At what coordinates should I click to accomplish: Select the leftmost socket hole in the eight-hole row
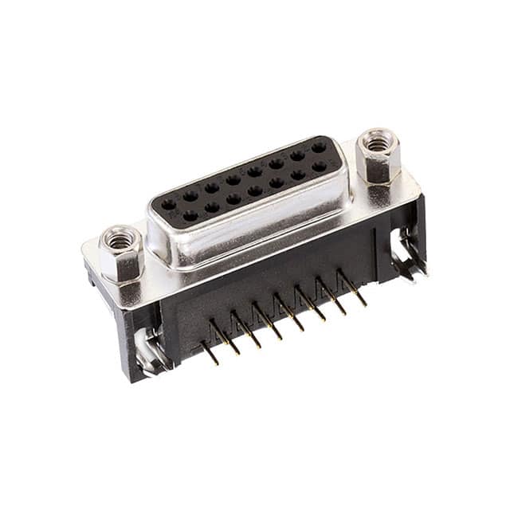(169, 203)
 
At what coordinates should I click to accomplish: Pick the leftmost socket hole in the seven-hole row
(190, 214)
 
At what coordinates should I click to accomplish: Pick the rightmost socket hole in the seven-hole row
(320, 167)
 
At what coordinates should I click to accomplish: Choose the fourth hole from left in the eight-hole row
(233, 180)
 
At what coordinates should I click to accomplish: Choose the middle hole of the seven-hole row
(255, 191)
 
